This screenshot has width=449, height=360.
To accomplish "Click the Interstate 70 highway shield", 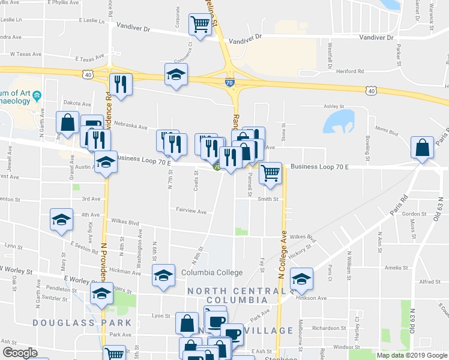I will click(x=230, y=83).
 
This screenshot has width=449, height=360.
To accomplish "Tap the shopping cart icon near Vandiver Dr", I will click(x=199, y=25).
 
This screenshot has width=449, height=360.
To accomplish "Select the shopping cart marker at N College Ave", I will click(x=271, y=173).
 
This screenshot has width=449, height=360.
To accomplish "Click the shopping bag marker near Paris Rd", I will click(x=423, y=147).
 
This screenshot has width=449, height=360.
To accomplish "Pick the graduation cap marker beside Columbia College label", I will click(x=163, y=275).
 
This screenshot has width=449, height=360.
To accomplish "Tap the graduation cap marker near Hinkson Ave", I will click(x=301, y=278).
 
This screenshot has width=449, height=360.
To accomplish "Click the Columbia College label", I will click(x=212, y=272).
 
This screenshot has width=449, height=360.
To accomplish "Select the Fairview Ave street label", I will click(x=191, y=211).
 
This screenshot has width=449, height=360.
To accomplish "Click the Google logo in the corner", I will click(x=20, y=353).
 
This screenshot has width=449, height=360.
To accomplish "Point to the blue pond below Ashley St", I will click(x=339, y=122).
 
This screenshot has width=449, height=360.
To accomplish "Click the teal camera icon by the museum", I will click(x=37, y=95).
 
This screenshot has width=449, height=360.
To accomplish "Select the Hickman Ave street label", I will click(x=125, y=272).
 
